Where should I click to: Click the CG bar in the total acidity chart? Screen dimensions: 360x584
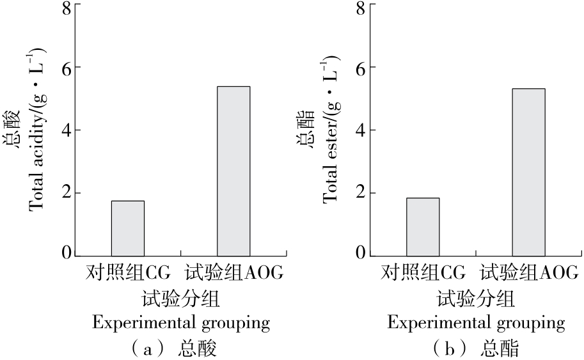(x=128, y=228)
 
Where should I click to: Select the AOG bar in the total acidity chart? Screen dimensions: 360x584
(x=233, y=171)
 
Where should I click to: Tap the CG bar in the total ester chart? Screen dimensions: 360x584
(x=423, y=227)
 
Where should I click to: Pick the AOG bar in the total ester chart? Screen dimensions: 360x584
(x=528, y=172)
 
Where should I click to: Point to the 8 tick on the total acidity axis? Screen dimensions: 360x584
(x=67, y=8)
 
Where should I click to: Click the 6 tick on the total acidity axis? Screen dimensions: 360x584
(x=67, y=68)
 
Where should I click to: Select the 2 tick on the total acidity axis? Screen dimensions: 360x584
(x=67, y=193)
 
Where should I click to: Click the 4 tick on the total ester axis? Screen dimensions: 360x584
(x=361, y=130)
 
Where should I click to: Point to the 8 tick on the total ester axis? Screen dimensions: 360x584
(x=361, y=8)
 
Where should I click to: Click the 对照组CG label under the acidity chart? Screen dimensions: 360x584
(x=129, y=274)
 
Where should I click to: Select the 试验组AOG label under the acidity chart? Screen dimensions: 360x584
(x=234, y=274)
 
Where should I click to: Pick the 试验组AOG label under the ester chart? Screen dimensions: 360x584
(x=530, y=274)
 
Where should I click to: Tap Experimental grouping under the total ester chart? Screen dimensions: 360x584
(x=476, y=323)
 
